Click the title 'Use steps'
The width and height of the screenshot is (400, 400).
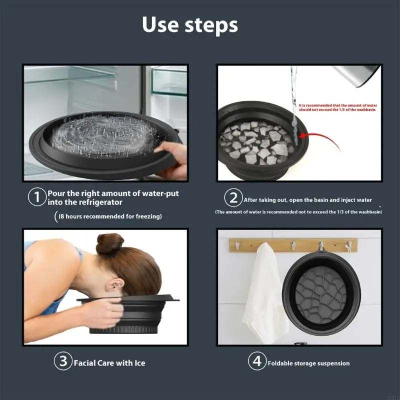pos(190,24)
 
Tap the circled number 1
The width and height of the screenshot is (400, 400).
pos(37,197)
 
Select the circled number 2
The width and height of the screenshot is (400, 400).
pos(233,198)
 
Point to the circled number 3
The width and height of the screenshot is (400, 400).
pos(63,362)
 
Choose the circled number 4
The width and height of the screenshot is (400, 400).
pos(257,362)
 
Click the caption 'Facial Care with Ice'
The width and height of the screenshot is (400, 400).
pos(109,363)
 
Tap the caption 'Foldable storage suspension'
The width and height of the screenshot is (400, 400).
pos(308,363)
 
